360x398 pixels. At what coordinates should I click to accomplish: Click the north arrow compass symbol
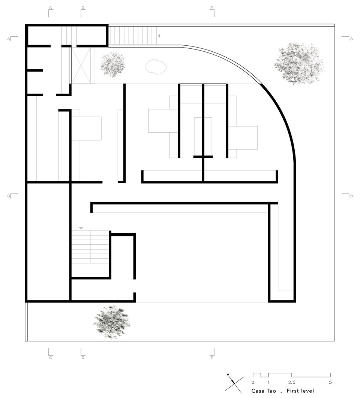pos(234,383)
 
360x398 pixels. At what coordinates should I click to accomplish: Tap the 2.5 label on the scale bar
pos(292,382)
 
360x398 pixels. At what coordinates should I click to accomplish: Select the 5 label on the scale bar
pos(330,382)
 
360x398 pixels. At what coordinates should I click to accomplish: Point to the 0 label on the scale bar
pos(253,382)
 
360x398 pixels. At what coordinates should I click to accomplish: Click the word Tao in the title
pos(270,391)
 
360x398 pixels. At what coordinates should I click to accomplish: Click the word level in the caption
pos(307,391)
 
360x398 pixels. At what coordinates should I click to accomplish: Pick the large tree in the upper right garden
pos(299,63)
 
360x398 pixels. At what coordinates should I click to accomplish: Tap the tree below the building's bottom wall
pos(112,322)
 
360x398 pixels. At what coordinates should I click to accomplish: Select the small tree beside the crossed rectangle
pos(112,64)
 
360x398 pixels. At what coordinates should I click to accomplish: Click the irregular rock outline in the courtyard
pos(156,67)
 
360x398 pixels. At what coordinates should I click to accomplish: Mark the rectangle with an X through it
pos(81,66)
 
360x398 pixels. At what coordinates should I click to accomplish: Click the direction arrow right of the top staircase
pos(159,36)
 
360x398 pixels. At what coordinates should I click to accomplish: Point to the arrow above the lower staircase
pos(81,229)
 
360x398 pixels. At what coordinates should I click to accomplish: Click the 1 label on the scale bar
pos(268,382)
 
